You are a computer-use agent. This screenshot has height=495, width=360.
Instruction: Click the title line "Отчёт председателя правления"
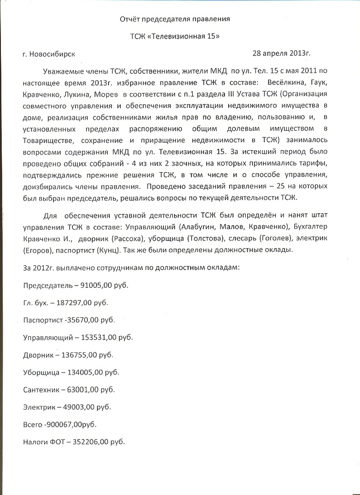coord(175,19)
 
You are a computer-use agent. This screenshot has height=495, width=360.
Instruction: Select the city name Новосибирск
coord(52,54)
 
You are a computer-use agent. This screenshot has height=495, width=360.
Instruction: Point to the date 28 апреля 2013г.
coord(281,53)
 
